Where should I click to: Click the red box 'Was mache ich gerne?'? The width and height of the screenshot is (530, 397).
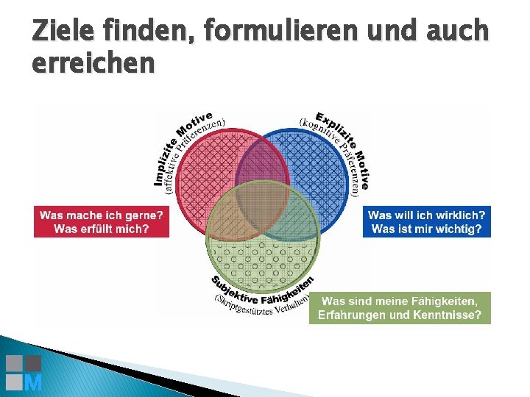(x=102, y=221)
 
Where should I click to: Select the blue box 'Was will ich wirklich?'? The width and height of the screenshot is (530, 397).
(x=426, y=221)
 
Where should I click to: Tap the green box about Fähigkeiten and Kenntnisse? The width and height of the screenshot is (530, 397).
(x=400, y=308)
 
